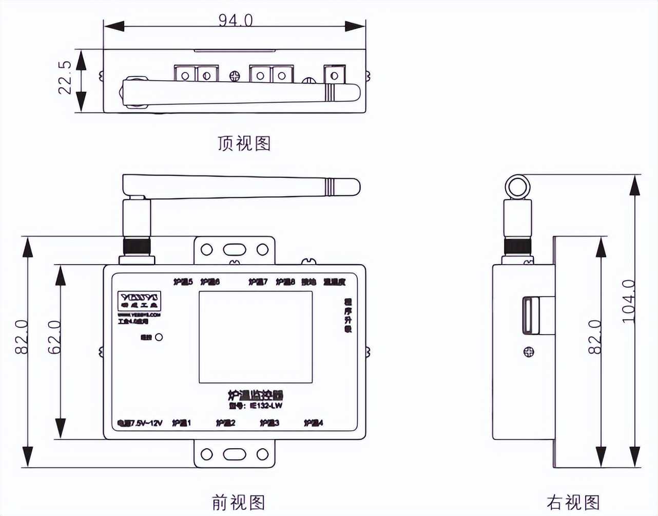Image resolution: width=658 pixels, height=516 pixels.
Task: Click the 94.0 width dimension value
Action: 236,20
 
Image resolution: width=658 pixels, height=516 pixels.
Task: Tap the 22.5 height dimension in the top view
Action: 65,78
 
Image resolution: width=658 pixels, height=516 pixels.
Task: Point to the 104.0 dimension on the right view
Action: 629,301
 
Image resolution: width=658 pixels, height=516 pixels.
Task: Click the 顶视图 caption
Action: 244,143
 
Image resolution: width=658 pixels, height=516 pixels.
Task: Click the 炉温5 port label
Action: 183,282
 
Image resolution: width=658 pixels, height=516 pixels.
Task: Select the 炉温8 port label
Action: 285,282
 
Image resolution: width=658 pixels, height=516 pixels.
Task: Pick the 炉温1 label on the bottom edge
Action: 181,423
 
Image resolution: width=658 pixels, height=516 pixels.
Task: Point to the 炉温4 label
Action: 313,423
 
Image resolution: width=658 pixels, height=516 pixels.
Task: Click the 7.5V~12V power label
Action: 140,423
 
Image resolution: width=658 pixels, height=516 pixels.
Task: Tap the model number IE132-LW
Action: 266,406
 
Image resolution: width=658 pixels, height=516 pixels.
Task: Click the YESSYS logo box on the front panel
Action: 140,298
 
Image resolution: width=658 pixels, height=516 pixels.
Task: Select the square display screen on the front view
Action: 256,337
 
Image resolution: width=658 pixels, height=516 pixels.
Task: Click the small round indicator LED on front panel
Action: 159,338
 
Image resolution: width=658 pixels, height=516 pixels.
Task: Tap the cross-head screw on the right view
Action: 528,352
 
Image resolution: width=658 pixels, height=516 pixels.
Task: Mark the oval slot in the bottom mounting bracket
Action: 235,454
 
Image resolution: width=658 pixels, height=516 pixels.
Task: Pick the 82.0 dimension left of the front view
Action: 22,337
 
